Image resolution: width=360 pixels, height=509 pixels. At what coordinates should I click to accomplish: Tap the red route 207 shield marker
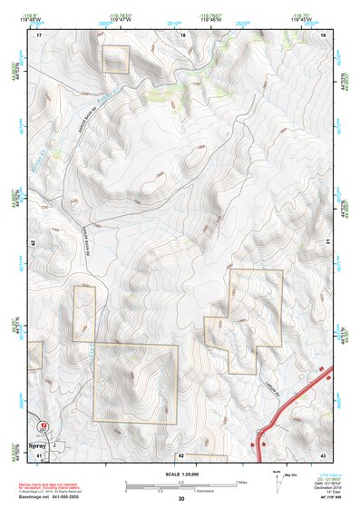click(43, 426)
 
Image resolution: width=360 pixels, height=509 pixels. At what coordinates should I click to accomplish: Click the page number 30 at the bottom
click(181, 499)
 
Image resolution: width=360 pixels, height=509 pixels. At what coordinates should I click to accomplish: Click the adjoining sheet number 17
click(40, 34)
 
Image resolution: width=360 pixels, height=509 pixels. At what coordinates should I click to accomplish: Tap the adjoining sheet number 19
click(323, 34)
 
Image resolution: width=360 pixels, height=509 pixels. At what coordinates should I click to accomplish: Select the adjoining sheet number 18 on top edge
click(182, 34)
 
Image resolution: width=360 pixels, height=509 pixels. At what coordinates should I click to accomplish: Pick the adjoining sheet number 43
click(323, 455)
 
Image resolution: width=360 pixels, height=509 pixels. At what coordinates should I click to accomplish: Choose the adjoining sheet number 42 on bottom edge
click(181, 455)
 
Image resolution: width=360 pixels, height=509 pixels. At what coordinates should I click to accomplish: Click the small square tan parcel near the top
click(115, 59)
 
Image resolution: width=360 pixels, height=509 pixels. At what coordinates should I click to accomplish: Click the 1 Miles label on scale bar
click(241, 481)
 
